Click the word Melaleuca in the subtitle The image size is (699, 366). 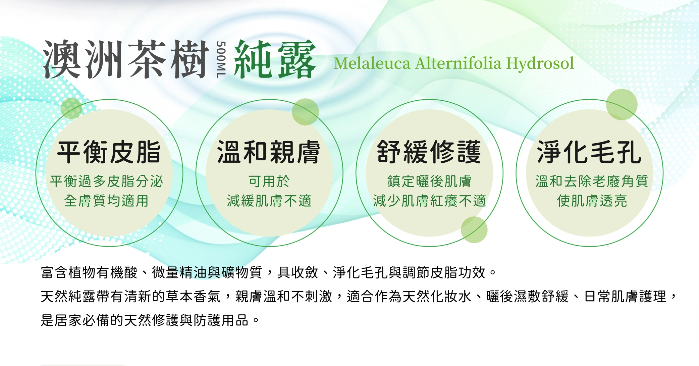372,63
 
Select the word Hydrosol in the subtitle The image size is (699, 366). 540,63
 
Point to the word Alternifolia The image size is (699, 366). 458,63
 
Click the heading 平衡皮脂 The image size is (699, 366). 109,153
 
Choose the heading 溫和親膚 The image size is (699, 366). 269,153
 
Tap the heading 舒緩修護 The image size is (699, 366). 429,153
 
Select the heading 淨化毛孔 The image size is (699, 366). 589,153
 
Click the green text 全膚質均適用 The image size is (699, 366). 106,201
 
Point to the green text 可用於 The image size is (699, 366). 269,181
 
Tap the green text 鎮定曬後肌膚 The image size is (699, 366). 429,181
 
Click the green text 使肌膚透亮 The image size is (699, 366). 592,201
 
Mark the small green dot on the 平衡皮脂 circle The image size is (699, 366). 71,108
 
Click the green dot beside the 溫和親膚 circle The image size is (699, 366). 305,112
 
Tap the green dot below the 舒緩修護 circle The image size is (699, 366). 474,230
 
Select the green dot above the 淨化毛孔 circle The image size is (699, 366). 622,105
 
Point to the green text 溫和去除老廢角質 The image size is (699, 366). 592,181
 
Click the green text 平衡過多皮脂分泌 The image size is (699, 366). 106,181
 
